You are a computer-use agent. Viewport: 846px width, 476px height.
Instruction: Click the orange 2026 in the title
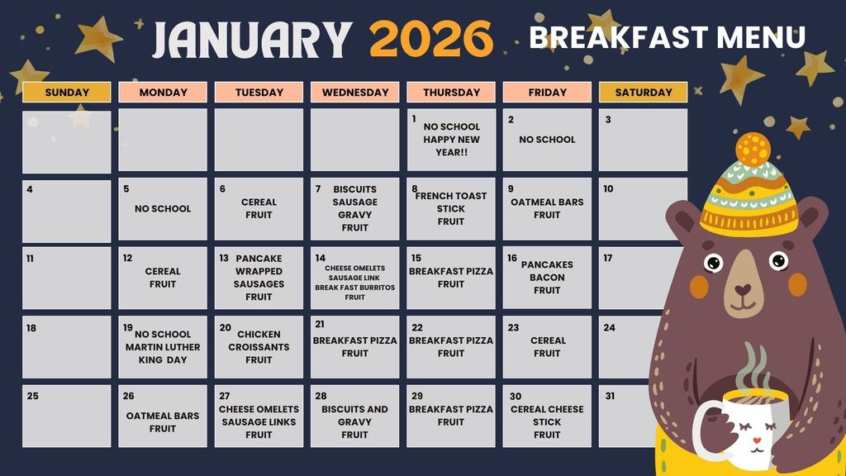(430, 39)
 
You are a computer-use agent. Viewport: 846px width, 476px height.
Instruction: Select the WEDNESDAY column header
(355, 93)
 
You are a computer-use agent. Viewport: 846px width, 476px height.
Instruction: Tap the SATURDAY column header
(643, 93)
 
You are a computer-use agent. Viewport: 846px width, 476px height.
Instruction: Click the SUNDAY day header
(67, 93)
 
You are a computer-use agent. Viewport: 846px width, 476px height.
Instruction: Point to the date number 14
(321, 259)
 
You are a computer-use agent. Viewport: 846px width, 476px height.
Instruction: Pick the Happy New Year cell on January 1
(451, 139)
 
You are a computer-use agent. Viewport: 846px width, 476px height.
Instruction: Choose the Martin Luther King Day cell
(163, 347)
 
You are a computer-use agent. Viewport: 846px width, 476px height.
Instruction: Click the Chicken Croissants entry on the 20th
(259, 347)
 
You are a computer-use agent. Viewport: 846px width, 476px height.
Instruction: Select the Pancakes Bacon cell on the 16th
(547, 278)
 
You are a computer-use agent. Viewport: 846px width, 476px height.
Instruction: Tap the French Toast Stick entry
(451, 208)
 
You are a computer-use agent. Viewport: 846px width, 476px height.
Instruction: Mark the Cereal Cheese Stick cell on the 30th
(547, 421)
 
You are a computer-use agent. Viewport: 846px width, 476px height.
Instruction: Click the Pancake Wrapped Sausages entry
(259, 278)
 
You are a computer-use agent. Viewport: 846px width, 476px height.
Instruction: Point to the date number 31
(610, 396)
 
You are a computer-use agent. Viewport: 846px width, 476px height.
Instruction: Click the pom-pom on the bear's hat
(753, 150)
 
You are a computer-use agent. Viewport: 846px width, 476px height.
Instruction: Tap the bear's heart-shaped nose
(744, 291)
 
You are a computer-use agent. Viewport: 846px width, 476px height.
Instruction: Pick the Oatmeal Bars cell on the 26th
(163, 421)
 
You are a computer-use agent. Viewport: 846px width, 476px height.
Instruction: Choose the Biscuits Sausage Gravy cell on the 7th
(354, 208)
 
